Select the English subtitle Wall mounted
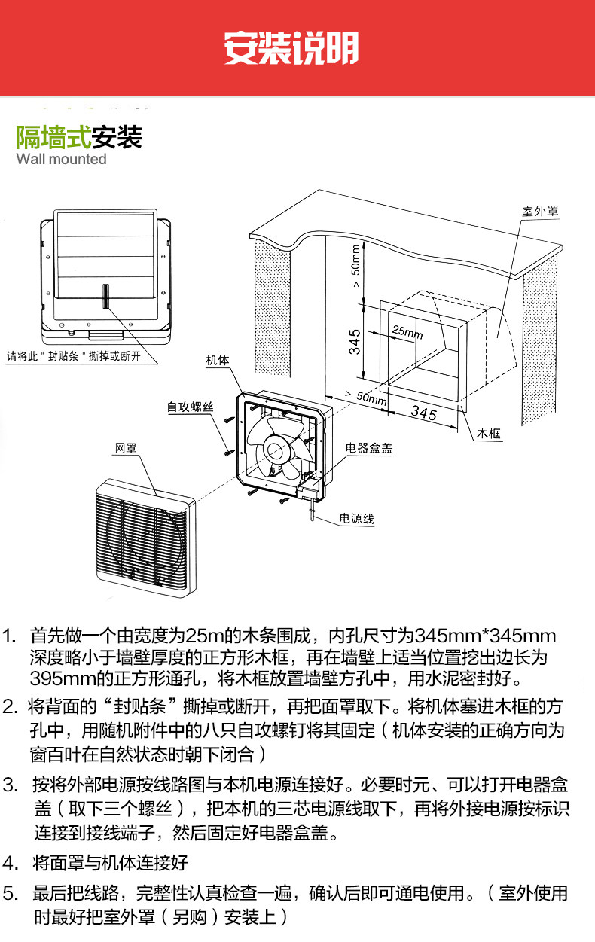pos(61,160)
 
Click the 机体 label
pos(217,361)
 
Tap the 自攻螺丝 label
pos(191,407)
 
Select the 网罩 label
pos(125,449)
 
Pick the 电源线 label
pos(357,519)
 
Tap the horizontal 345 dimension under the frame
pos(424,413)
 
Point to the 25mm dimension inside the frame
pos(408,331)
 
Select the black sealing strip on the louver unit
pos(106,295)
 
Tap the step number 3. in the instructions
pos(11,785)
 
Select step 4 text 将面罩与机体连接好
pos(110,863)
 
